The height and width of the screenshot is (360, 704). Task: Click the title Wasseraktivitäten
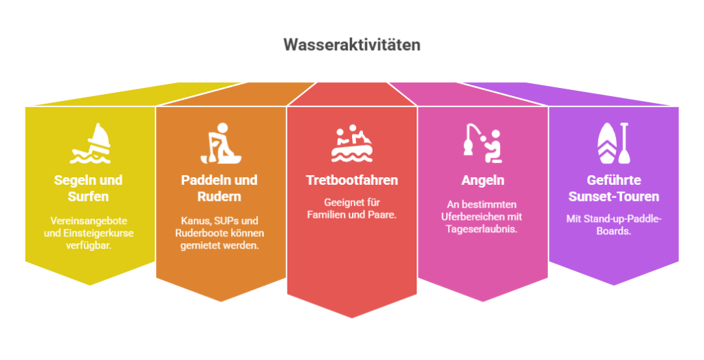point(352,45)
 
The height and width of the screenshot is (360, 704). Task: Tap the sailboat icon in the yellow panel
point(90,144)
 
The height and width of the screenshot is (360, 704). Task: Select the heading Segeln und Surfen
point(89,188)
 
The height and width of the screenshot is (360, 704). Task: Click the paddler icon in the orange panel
point(221,144)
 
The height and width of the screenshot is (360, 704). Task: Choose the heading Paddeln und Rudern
point(219,188)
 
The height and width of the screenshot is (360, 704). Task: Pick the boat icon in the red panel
point(352,144)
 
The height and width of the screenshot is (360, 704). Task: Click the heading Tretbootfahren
point(352,180)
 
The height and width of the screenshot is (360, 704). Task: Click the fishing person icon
point(483,144)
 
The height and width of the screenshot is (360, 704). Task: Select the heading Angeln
point(483,181)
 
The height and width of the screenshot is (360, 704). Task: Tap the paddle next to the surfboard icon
point(624,143)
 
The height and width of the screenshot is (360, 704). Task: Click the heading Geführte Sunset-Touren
point(614,188)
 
